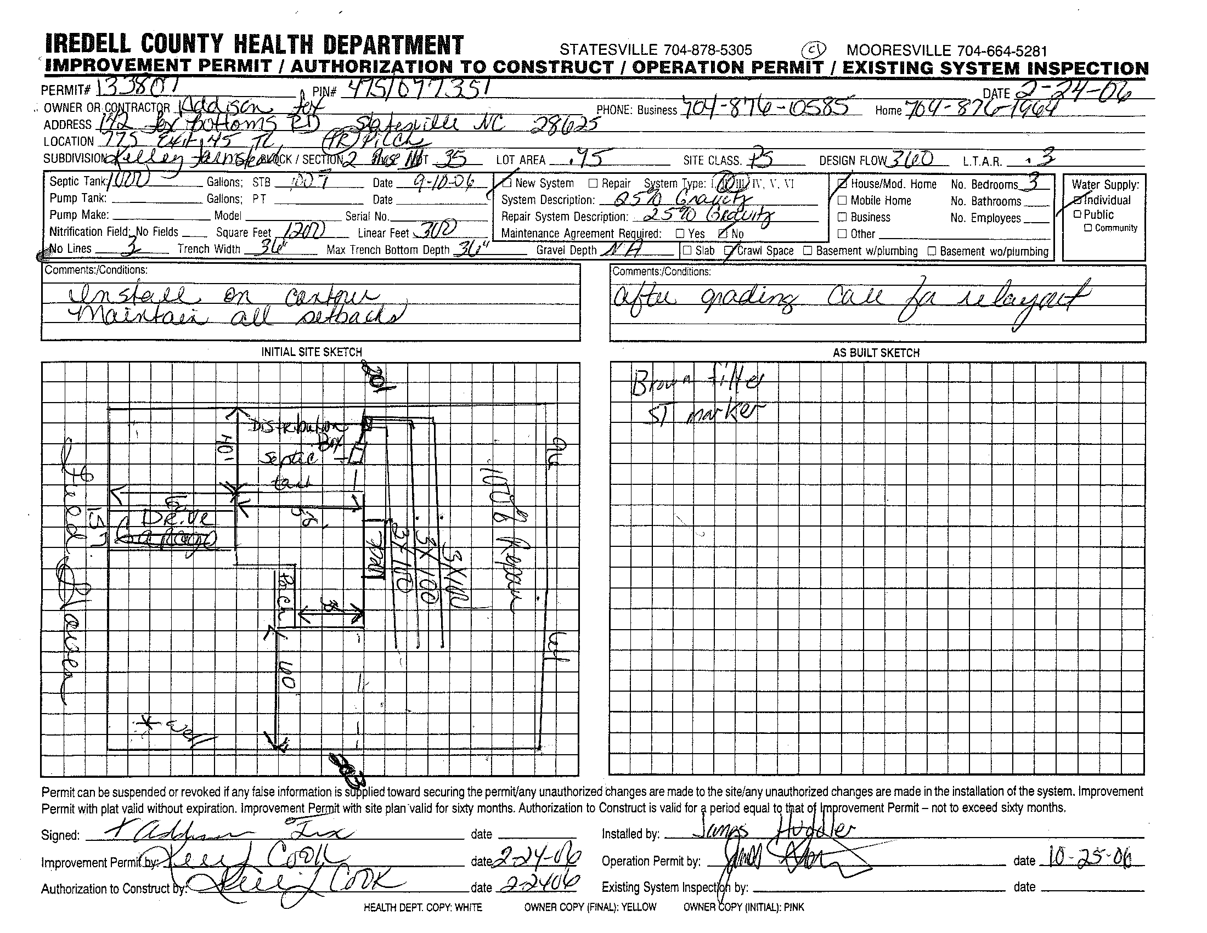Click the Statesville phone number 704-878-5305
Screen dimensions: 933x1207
pos(656,50)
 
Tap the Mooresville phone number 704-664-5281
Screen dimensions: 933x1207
pos(947,51)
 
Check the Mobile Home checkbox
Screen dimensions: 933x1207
pos(842,201)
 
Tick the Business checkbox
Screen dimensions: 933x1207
pos(842,217)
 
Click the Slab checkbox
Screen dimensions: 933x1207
pos(687,250)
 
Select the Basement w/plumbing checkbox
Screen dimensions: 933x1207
pos(808,251)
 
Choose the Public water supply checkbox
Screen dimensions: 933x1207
pos(1077,214)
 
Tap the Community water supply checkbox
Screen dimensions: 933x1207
pos(1087,228)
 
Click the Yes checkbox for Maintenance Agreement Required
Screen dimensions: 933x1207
pos(681,234)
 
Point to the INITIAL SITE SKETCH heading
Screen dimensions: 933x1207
pos(311,352)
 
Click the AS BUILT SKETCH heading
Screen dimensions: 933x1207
pos(876,353)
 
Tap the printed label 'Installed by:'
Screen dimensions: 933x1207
pos(630,834)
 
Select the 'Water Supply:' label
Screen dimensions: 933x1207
pos(1105,184)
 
